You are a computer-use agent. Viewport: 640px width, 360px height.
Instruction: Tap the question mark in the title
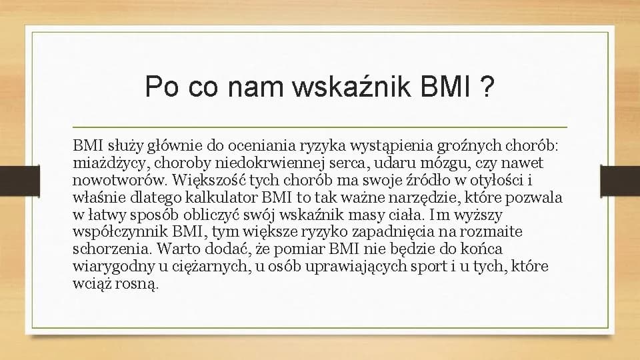[x=487, y=87]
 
